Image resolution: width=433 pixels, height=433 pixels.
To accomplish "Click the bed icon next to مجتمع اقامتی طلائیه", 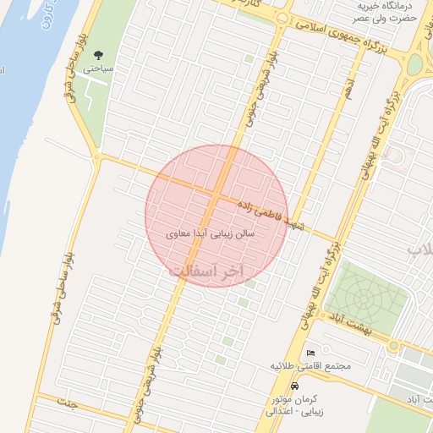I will click(x=310, y=352).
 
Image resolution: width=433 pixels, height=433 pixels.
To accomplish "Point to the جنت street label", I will click(x=66, y=403).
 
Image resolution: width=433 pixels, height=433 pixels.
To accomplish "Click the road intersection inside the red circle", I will click(x=216, y=196).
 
